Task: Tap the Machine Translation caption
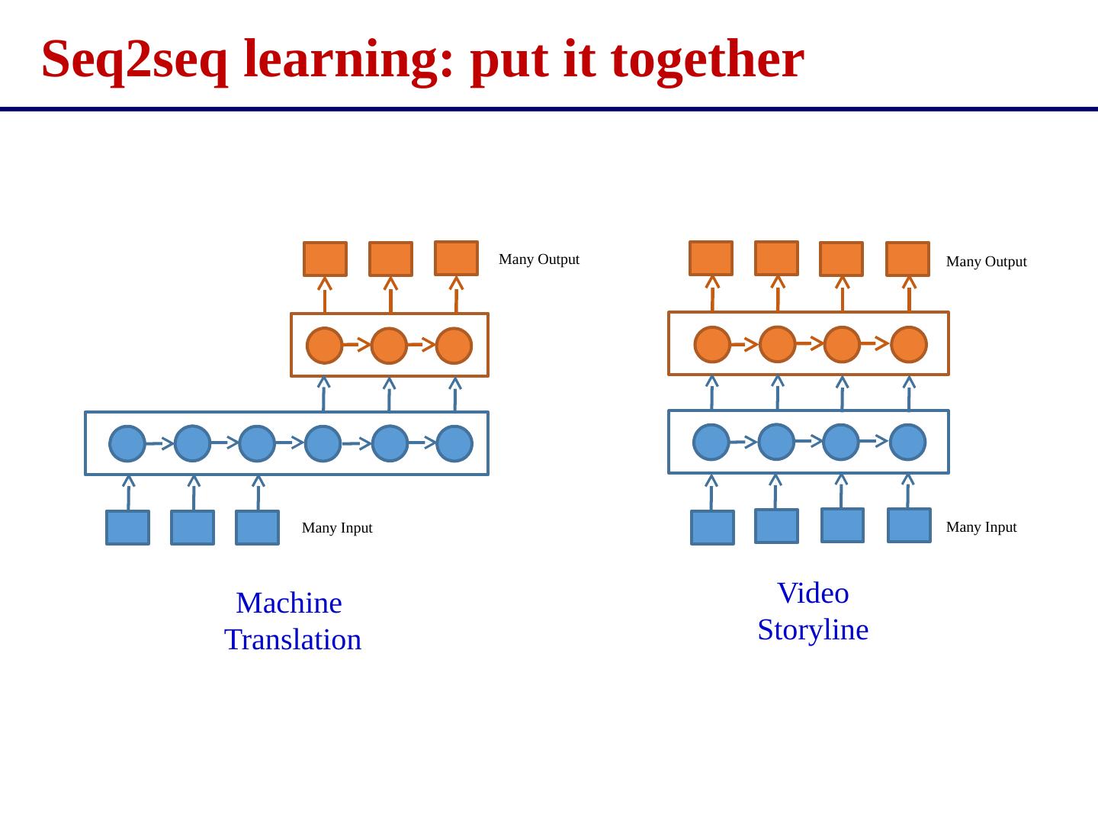click(x=292, y=621)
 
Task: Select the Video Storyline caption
click(x=813, y=611)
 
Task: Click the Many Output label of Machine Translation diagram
click(x=538, y=259)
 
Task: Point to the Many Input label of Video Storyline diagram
click(x=981, y=527)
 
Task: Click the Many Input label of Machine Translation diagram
click(x=337, y=528)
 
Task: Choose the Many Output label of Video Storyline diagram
click(x=986, y=262)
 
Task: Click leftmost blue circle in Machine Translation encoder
click(x=127, y=443)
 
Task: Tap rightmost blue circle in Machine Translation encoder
click(x=455, y=443)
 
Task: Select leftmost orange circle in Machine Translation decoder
click(x=325, y=346)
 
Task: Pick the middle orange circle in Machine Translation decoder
click(x=390, y=346)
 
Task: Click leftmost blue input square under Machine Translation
click(x=128, y=528)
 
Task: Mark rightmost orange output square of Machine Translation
click(x=456, y=258)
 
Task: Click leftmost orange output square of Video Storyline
click(x=711, y=258)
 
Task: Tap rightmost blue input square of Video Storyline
click(x=909, y=525)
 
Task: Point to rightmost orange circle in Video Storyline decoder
click(x=908, y=344)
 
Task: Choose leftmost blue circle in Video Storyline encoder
click(x=711, y=442)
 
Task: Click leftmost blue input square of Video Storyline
click(x=712, y=528)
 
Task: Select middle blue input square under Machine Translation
click(x=192, y=528)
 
